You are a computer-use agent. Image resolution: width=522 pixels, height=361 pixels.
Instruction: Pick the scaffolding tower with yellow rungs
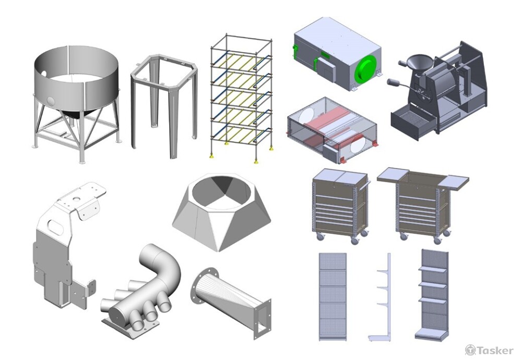point(242,98)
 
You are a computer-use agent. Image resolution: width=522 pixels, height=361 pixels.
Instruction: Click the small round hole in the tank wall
point(51,100)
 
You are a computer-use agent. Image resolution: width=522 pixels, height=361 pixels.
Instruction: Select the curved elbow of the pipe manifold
point(165,263)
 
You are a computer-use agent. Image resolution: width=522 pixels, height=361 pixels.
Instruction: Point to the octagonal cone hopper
point(221,212)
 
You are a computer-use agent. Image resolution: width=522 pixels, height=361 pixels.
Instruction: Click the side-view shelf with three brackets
point(382,297)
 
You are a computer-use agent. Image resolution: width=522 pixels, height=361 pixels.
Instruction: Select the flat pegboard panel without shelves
point(333,296)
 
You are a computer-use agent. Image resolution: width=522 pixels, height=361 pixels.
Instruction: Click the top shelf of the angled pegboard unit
point(432,269)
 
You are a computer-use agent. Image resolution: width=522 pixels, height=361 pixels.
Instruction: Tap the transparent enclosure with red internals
point(332,129)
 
